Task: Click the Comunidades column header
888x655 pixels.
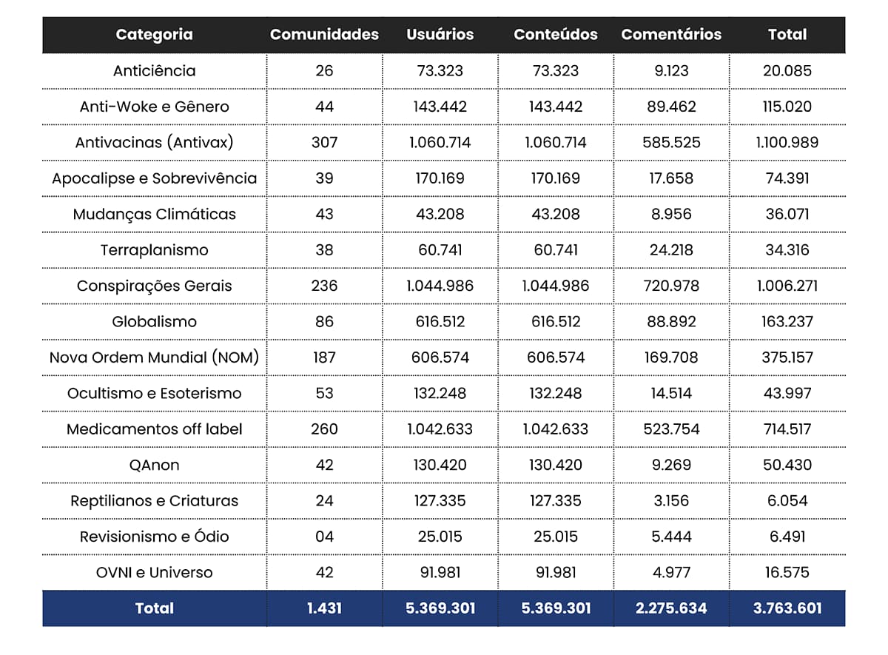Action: tap(324, 35)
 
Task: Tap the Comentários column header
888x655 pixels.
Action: tap(671, 35)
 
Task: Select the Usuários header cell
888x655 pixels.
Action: tap(440, 35)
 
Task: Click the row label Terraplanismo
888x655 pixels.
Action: tap(155, 250)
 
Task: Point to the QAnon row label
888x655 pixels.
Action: tap(155, 465)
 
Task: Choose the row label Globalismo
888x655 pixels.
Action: tap(155, 322)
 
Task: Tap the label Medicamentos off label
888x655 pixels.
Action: tap(155, 429)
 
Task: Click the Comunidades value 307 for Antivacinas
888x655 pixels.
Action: tap(324, 142)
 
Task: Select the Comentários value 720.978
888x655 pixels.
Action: tap(671, 286)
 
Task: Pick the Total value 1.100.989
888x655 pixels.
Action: tap(787, 142)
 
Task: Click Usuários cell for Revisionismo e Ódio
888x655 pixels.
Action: tap(440, 537)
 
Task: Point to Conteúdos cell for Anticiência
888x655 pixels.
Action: tap(556, 71)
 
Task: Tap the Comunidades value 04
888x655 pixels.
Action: tap(324, 537)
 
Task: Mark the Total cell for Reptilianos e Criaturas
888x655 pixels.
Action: tap(787, 501)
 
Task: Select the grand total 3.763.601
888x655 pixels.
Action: tap(787, 608)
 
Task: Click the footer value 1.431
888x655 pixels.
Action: tap(324, 608)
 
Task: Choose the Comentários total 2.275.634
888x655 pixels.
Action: tap(671, 608)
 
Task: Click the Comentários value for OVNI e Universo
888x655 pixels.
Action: tap(671, 572)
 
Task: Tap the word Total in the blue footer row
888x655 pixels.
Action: tap(155, 608)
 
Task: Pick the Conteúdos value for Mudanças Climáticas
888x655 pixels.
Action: tap(556, 215)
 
